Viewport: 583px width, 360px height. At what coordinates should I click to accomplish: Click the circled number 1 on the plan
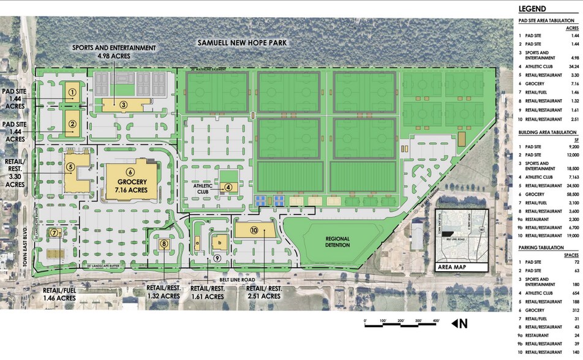coord(72,93)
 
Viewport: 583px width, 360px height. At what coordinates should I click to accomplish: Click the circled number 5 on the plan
coord(71,166)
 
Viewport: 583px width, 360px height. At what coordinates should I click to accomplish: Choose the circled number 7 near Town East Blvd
coord(55,233)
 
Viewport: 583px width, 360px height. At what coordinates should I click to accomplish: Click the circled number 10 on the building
coord(254,230)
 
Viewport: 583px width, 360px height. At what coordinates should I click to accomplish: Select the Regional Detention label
coord(337,242)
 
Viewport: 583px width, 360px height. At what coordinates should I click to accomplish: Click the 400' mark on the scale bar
coord(435,320)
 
